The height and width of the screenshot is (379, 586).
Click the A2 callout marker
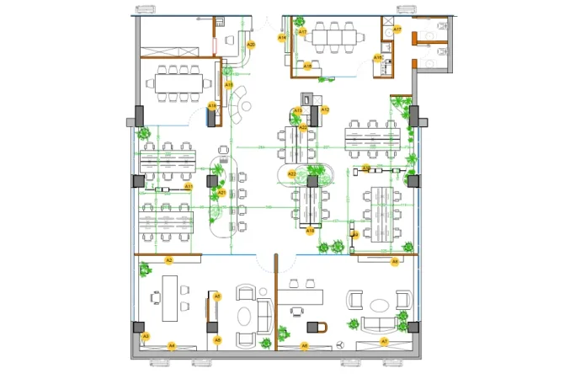click(x=168, y=260)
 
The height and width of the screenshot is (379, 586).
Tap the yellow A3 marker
click(x=145, y=336)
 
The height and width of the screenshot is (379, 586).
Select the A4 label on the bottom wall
click(x=171, y=345)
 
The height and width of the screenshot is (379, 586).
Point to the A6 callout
click(x=305, y=345)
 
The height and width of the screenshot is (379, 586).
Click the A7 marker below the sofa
click(x=384, y=342)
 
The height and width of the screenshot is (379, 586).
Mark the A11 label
click(x=189, y=186)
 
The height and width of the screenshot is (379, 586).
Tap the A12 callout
click(x=325, y=109)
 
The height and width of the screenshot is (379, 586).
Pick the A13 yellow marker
click(x=298, y=110)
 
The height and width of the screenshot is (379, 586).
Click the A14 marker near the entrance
click(x=282, y=38)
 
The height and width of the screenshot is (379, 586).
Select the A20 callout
click(x=250, y=44)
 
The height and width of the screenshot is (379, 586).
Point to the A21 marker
click(x=221, y=193)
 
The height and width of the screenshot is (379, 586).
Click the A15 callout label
click(x=228, y=84)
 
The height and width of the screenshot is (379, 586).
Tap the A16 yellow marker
click(x=377, y=57)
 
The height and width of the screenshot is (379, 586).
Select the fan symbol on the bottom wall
click(x=338, y=345)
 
